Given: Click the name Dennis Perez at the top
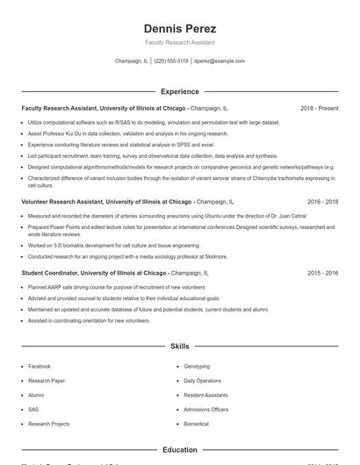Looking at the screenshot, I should click(179, 28).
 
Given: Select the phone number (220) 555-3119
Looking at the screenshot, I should click(171, 61).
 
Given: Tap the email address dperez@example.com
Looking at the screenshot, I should click(220, 61).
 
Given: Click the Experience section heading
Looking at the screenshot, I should click(179, 91).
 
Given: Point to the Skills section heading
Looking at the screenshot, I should click(179, 347).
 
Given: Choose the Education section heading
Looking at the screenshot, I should click(179, 450).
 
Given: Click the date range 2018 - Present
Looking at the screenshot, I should click(319, 108).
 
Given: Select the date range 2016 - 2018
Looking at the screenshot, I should click(322, 201).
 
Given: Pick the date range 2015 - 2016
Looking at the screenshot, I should click(322, 273).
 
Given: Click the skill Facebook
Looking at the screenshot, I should click(40, 366).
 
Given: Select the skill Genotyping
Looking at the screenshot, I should click(197, 366).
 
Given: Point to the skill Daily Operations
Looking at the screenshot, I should click(202, 381).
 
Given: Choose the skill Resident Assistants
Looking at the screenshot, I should click(205, 395).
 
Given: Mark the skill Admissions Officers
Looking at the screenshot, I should click(205, 409).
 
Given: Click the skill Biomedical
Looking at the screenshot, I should click(197, 424).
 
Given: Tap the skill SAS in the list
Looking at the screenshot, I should click(33, 409).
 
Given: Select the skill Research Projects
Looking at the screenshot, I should click(48, 424).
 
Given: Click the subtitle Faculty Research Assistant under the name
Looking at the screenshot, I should click(179, 42).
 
